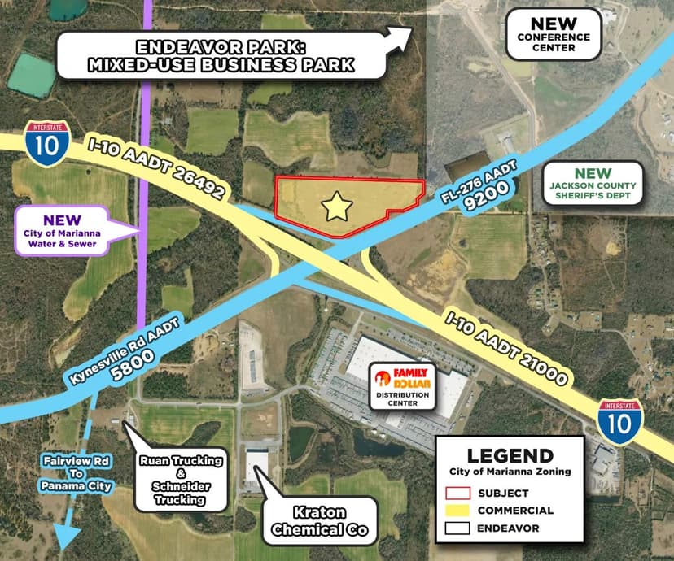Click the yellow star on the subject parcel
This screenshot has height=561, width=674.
click(336, 207)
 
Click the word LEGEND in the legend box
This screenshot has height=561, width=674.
click(510, 456)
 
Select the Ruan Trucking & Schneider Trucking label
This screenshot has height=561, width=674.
click(180, 480)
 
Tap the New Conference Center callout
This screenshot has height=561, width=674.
click(553, 35)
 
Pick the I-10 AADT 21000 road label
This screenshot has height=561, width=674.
click(506, 343)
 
